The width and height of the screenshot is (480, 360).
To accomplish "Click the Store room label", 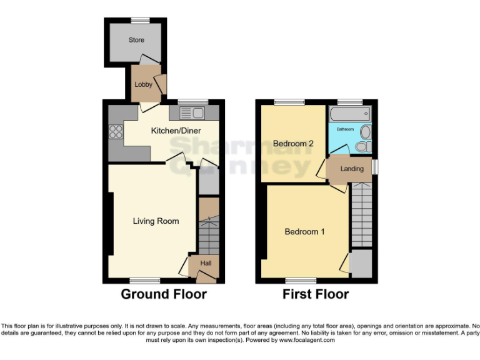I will [x=136, y=40].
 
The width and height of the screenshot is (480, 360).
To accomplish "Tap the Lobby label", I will [x=144, y=84].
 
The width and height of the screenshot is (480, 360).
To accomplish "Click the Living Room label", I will [x=156, y=221].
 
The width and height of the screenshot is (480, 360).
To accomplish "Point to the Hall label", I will [x=206, y=264].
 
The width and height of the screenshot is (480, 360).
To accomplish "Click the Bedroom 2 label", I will [x=293, y=144].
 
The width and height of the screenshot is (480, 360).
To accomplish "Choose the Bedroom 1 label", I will [x=304, y=231].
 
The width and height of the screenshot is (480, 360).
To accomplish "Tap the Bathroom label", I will [x=345, y=129].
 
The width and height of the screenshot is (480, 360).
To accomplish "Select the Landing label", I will [x=352, y=169].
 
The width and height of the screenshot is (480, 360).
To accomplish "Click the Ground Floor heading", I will [x=163, y=294].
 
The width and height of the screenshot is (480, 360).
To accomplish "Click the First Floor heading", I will [x=316, y=294].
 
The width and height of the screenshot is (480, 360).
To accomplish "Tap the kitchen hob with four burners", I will [x=116, y=131].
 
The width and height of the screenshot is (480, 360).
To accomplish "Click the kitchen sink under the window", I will [x=192, y=113].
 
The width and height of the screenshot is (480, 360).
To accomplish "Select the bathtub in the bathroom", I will [x=349, y=114].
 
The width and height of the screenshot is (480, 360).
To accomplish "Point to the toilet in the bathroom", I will [x=362, y=147].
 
